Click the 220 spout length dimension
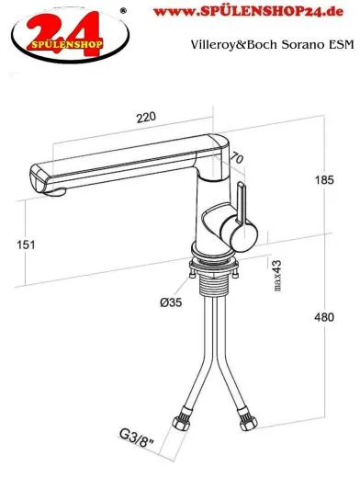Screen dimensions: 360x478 point(146,117)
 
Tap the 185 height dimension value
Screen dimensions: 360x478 point(324,180)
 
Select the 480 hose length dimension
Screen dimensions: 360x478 point(324,317)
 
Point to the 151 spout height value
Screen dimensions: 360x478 point(26,245)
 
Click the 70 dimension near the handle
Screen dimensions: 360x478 point(237,158)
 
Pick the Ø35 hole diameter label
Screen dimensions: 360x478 point(171,302)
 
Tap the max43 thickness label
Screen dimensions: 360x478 point(277,276)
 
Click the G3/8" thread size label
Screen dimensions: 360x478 point(137,438)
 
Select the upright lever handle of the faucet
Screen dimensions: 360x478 point(242,202)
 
